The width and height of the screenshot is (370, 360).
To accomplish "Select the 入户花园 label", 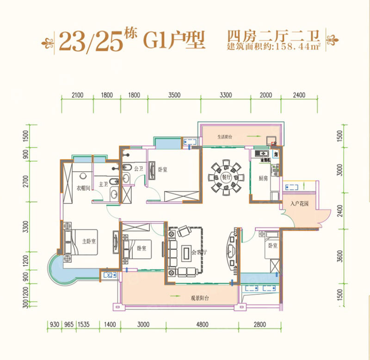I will (299, 204).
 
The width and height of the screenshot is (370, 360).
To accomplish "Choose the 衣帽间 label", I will (83, 188).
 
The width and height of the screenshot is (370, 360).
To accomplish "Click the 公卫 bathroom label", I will (138, 169).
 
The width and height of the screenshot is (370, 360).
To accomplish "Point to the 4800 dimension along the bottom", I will (202, 325).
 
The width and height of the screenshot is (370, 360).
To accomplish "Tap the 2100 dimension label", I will (77, 95).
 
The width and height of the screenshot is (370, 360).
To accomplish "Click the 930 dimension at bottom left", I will (54, 325).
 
